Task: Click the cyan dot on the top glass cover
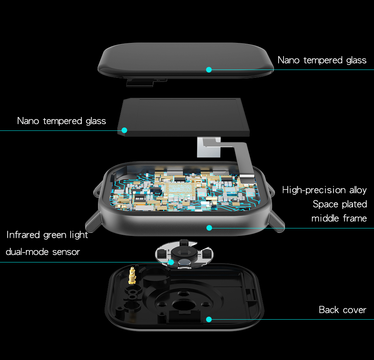pyautogui.click(x=209, y=70)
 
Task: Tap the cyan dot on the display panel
pyautogui.click(x=124, y=130)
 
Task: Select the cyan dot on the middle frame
pyautogui.click(x=209, y=228)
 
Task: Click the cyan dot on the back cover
pyautogui.click(x=209, y=320)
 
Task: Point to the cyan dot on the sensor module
pyautogui.click(x=171, y=262)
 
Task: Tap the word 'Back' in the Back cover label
pyautogui.click(x=329, y=310)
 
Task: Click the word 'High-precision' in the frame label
pyautogui.click(x=314, y=190)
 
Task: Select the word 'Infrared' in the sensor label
pyautogui.click(x=23, y=235)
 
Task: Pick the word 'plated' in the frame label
pyautogui.click(x=354, y=204)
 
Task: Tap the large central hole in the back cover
pyautogui.click(x=184, y=305)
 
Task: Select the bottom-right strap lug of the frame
pyautogui.click(x=277, y=222)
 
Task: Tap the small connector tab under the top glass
pyautogui.click(x=140, y=83)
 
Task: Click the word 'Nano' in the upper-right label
pyautogui.click(x=288, y=60)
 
